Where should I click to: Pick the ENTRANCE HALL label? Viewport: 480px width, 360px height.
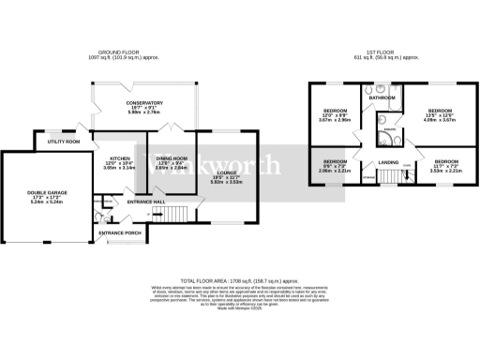147,202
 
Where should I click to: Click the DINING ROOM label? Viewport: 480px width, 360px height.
171,158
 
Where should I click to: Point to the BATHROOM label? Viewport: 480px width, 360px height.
382,97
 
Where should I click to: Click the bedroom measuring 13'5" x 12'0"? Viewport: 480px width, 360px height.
441,111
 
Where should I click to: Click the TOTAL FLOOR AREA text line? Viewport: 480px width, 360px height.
240,279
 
